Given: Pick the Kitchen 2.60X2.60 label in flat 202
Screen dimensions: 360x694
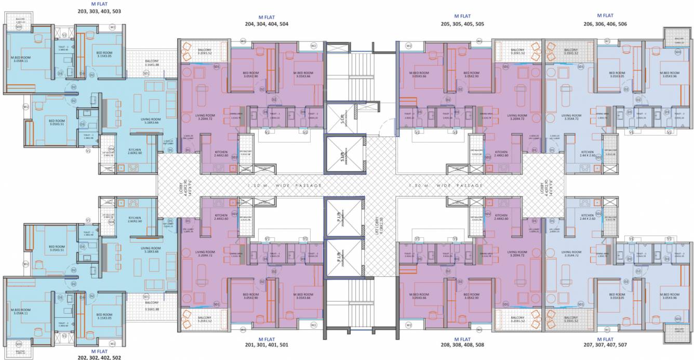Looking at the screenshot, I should point(135,220).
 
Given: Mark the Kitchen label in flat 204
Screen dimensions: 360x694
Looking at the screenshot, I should point(221,154).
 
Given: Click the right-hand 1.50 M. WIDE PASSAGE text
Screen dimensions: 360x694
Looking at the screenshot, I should point(446,185).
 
